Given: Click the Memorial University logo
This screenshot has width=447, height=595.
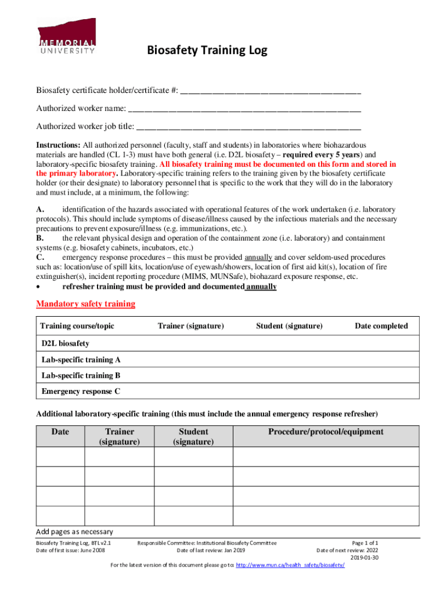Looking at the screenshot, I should [x=67, y=36].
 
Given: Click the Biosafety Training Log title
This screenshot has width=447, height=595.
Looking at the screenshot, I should [x=207, y=51].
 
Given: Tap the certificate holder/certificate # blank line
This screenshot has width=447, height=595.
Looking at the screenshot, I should [x=271, y=91].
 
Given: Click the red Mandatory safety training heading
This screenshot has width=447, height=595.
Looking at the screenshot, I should [x=85, y=304].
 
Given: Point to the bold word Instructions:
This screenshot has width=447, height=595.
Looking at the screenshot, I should [x=58, y=145].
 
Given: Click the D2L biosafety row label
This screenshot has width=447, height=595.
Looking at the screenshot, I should [x=65, y=343].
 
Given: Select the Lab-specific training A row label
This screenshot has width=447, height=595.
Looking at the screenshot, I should [x=81, y=360].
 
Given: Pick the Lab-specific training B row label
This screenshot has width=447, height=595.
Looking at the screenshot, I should [x=81, y=375].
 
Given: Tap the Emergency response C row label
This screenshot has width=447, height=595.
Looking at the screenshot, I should [x=81, y=391].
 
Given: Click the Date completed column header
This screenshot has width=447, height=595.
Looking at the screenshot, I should [x=381, y=326].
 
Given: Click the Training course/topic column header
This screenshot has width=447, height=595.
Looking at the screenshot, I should [x=78, y=326].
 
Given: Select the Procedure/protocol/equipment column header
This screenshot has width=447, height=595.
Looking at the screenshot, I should [x=326, y=432].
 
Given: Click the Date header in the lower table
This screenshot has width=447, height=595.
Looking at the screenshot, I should [x=60, y=432].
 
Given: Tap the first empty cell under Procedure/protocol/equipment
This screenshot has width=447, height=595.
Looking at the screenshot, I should [x=326, y=457].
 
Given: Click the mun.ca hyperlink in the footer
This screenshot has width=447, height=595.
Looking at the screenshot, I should [x=290, y=565].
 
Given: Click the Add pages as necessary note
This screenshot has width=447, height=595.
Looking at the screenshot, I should [x=74, y=532].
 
